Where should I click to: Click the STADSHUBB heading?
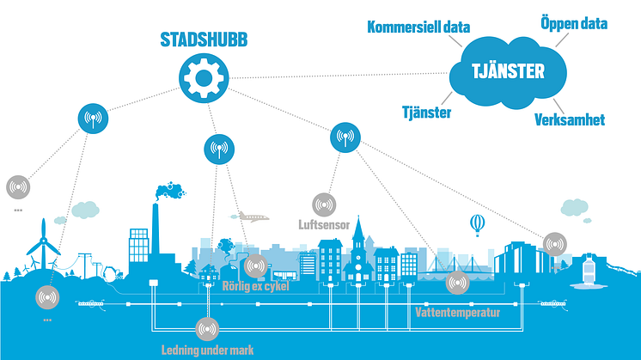202,40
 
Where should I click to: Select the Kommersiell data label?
418,27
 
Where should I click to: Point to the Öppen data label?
573,23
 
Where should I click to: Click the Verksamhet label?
569,119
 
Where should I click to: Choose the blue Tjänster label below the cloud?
427,112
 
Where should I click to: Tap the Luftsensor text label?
324,225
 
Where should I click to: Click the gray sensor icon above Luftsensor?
324,204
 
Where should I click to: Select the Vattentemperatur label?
456,311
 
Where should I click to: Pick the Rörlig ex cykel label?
255,286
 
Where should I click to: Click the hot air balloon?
478,225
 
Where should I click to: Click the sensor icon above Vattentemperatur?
455,281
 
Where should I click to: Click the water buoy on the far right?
589,274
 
